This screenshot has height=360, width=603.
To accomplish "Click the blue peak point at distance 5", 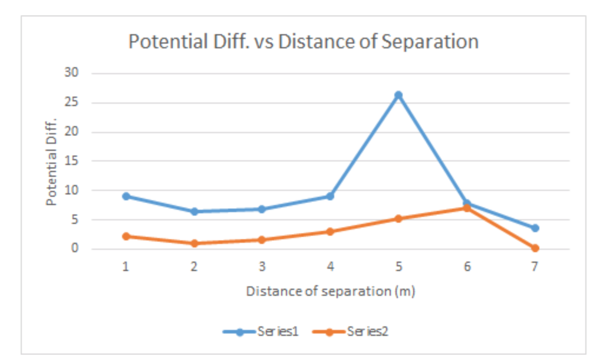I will pyautogui.click(x=398, y=95).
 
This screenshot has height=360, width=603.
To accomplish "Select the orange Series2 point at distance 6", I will pyautogui.click(x=467, y=208).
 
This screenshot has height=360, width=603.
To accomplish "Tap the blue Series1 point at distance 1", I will pyautogui.click(x=126, y=196).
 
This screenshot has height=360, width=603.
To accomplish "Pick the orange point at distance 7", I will pyautogui.click(x=535, y=248).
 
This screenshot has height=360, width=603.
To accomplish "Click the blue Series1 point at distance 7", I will pyautogui.click(x=535, y=228).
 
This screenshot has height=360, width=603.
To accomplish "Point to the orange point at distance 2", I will pyautogui.click(x=194, y=243).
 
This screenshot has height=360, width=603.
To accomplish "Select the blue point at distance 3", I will pyautogui.click(x=262, y=209).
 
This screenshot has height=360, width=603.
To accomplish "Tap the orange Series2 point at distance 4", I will pyautogui.click(x=330, y=232).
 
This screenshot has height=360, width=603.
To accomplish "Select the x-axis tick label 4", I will pyautogui.click(x=330, y=267).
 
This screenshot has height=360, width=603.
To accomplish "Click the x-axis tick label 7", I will pyautogui.click(x=535, y=267).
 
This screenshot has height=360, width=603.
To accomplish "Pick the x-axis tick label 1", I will pyautogui.click(x=126, y=267).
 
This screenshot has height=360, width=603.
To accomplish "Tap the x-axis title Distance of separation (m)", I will pyautogui.click(x=330, y=291).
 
